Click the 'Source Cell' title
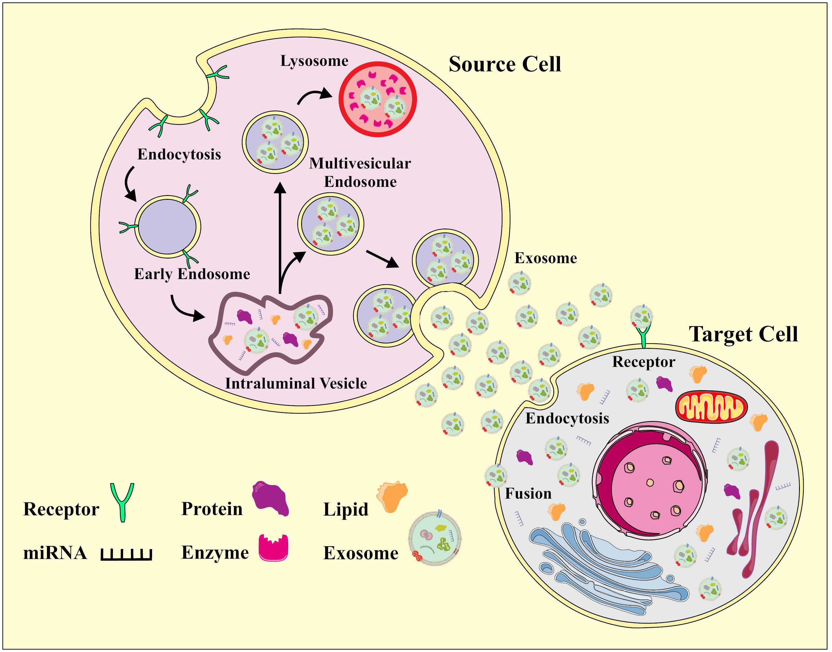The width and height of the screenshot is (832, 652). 505,64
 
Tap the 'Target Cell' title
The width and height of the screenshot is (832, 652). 743,335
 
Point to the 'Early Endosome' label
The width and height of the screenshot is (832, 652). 192,274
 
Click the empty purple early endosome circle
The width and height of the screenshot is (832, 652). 167,226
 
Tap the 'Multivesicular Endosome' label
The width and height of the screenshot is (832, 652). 360,173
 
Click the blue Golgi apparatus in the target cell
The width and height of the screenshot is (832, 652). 607,565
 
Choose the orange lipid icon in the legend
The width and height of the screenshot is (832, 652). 392,496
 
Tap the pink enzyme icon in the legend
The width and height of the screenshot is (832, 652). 273,548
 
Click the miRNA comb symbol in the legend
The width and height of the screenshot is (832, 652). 126,554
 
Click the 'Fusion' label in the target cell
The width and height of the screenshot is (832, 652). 528,494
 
